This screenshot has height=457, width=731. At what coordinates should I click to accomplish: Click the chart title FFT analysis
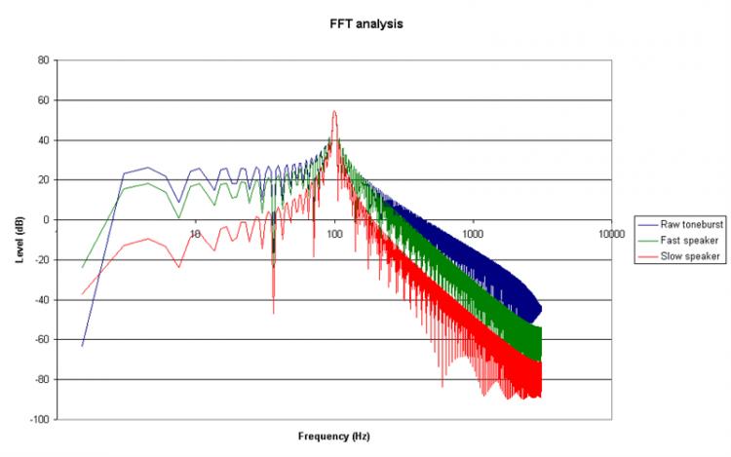point(366,24)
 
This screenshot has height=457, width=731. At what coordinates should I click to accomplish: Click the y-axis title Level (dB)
point(19,239)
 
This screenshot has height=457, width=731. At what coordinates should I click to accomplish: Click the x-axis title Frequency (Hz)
point(334,436)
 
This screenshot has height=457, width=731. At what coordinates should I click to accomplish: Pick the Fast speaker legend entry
point(682,240)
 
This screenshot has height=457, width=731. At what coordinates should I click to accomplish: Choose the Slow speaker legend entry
point(683,255)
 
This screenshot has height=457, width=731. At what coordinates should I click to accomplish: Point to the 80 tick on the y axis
point(43,60)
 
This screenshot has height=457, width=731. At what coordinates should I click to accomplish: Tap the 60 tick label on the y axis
point(43,100)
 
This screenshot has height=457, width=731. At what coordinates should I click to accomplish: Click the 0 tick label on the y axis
point(46,220)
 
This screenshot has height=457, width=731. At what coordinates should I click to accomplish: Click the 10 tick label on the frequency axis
point(196,234)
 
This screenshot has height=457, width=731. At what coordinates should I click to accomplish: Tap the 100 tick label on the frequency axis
point(335,234)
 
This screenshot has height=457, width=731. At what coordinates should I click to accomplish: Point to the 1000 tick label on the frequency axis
point(474,234)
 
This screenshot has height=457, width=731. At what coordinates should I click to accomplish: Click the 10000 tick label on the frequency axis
point(611,234)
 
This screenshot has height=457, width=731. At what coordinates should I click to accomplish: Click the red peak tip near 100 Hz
point(334,111)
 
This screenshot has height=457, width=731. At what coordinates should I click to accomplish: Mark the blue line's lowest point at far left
point(82,346)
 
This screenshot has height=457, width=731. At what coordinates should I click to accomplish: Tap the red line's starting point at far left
point(82,294)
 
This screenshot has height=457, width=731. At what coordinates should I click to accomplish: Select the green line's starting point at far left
point(82,267)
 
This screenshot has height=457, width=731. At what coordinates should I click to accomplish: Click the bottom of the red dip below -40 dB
point(273,313)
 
